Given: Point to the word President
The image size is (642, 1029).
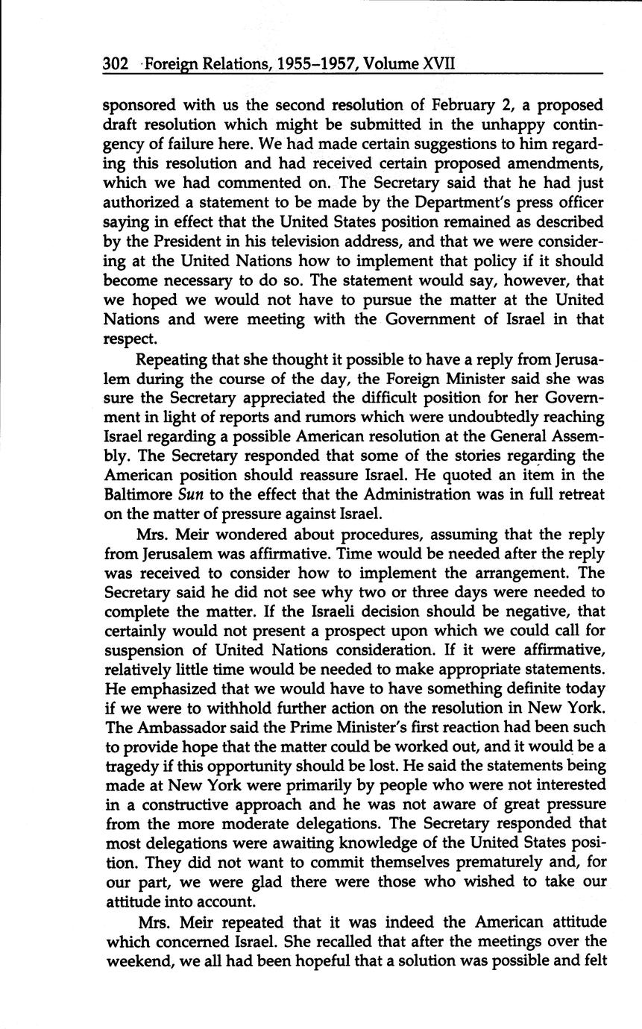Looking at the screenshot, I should tap(183, 241).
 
